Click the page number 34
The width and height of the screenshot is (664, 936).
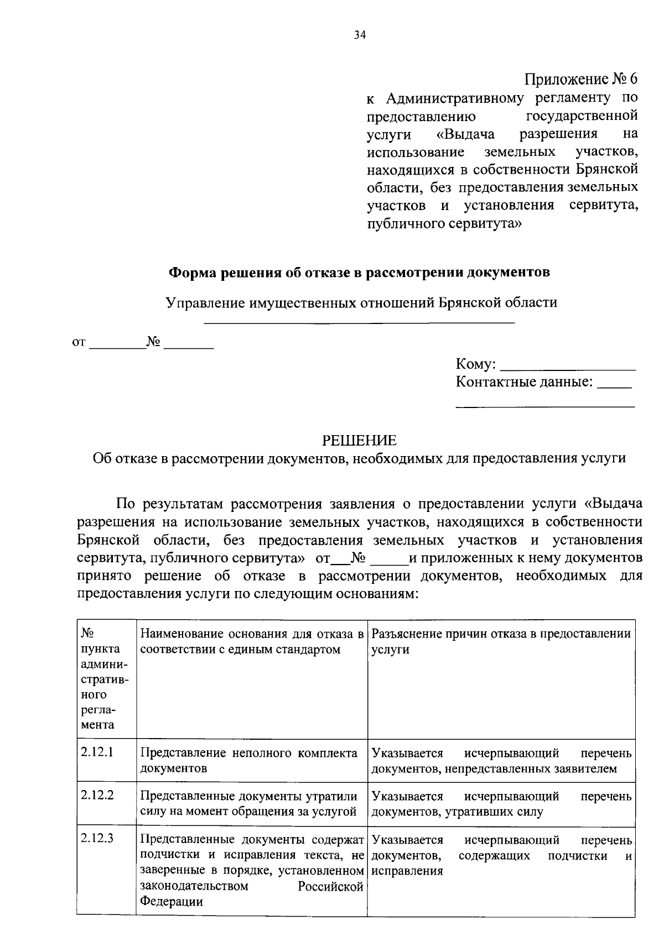point(360,35)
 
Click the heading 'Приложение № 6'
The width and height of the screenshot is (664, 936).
point(580,80)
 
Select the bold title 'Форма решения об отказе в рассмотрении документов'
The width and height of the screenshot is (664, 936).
point(359,273)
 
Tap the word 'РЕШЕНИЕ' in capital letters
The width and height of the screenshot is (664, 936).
point(360,440)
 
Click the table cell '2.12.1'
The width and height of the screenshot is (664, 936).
point(97,752)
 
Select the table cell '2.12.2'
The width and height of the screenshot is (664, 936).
point(97,795)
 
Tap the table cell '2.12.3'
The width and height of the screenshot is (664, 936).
point(97,838)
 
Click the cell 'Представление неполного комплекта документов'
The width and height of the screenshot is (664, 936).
point(249,760)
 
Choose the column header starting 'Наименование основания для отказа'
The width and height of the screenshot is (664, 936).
point(252,641)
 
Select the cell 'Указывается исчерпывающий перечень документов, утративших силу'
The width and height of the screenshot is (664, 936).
point(501,804)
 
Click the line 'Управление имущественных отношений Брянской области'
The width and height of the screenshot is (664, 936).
point(362,303)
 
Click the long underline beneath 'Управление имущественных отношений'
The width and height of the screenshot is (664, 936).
point(360,322)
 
